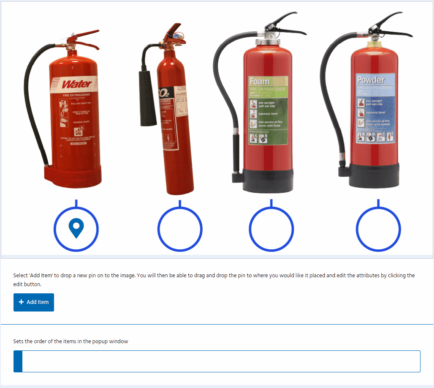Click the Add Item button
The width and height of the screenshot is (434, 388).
point(34,302)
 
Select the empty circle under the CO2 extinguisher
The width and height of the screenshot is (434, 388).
point(180,230)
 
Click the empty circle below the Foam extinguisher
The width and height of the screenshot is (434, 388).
point(271,230)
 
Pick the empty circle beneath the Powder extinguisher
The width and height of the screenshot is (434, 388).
point(378,230)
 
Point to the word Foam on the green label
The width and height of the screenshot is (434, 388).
point(260,81)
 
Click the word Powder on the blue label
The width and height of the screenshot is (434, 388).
point(371,80)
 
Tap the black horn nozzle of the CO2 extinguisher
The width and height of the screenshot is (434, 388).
point(148,98)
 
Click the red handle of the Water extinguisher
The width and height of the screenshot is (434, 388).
point(87,36)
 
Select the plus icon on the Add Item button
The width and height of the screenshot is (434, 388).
point(21,302)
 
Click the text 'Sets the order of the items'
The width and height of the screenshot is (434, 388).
point(71,342)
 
